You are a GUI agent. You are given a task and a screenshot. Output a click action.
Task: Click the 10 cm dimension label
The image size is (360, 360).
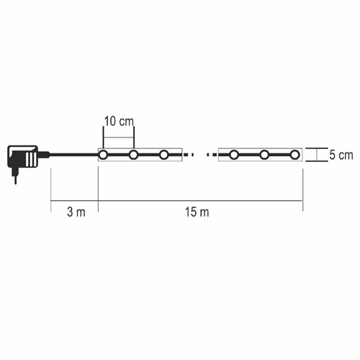click(x=119, y=121)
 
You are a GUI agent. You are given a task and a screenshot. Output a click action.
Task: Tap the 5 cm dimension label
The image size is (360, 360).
click(x=341, y=155)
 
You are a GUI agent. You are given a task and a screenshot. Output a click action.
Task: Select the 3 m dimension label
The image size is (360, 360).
click(x=76, y=212)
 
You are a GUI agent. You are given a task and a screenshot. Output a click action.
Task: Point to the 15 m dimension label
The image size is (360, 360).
click(x=197, y=212)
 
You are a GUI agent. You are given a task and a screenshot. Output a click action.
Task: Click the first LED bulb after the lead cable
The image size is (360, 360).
click(x=103, y=155)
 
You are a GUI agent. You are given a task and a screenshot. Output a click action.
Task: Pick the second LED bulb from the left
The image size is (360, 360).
click(x=133, y=155)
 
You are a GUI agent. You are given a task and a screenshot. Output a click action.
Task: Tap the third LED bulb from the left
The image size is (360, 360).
click(x=163, y=155)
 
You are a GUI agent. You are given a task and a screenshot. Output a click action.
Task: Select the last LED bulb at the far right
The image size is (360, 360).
click(x=294, y=155)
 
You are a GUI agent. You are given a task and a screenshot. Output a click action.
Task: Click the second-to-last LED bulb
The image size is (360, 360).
click(x=264, y=155)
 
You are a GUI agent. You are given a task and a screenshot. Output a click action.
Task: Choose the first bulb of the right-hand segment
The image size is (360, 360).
click(x=234, y=155)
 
